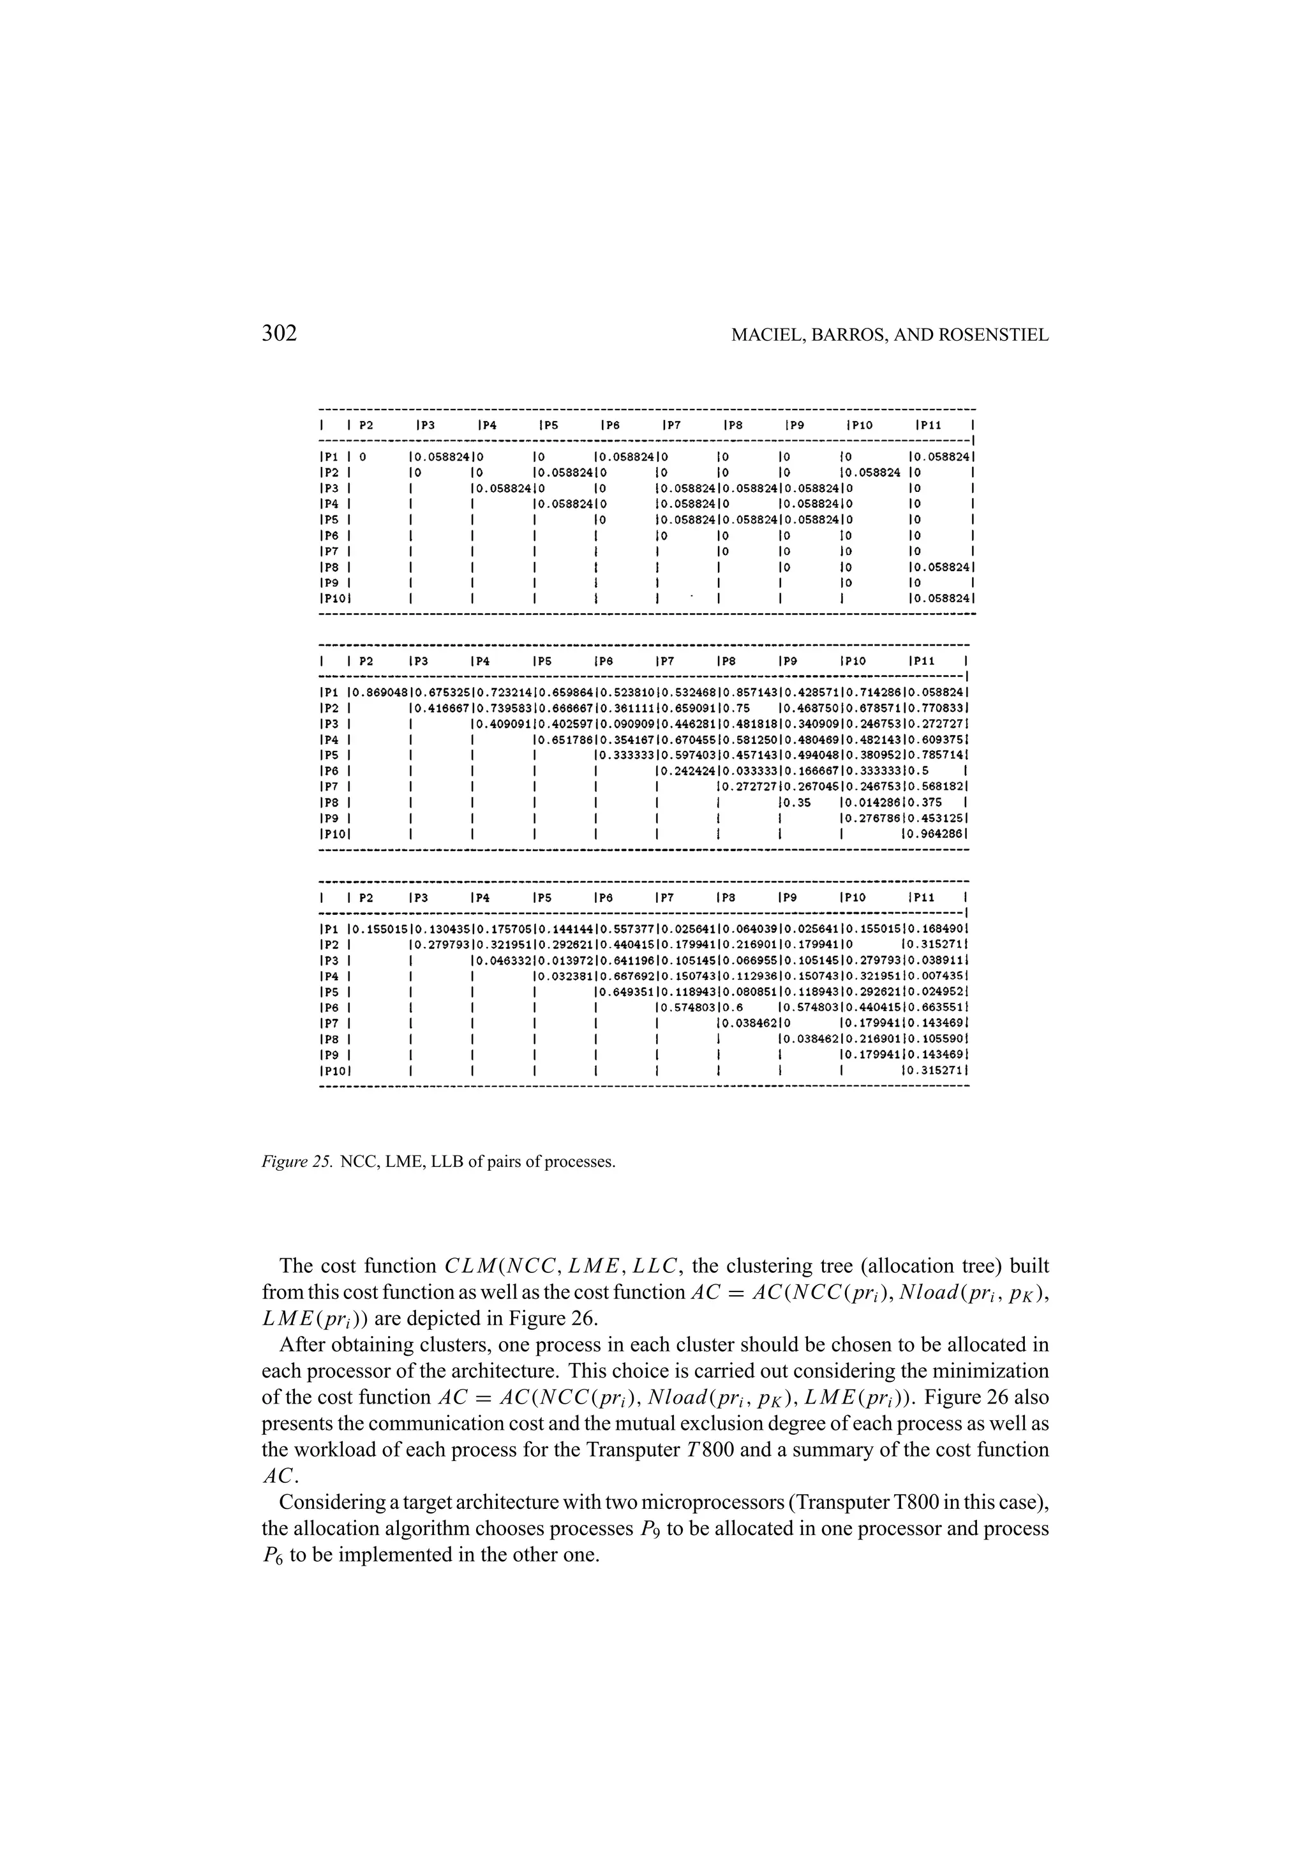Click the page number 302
click(x=280, y=334)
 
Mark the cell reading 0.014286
click(x=872, y=802)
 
